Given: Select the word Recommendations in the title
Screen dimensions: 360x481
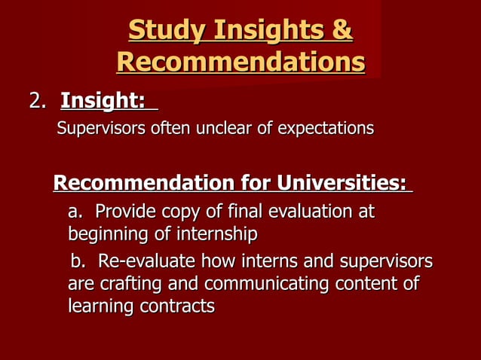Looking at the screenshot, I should click(240, 63).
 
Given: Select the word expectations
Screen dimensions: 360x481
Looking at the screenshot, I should click(326, 129).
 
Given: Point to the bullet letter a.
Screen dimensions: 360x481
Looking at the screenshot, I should click(76, 212).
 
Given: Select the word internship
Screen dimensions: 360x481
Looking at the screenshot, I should click(216, 234).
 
